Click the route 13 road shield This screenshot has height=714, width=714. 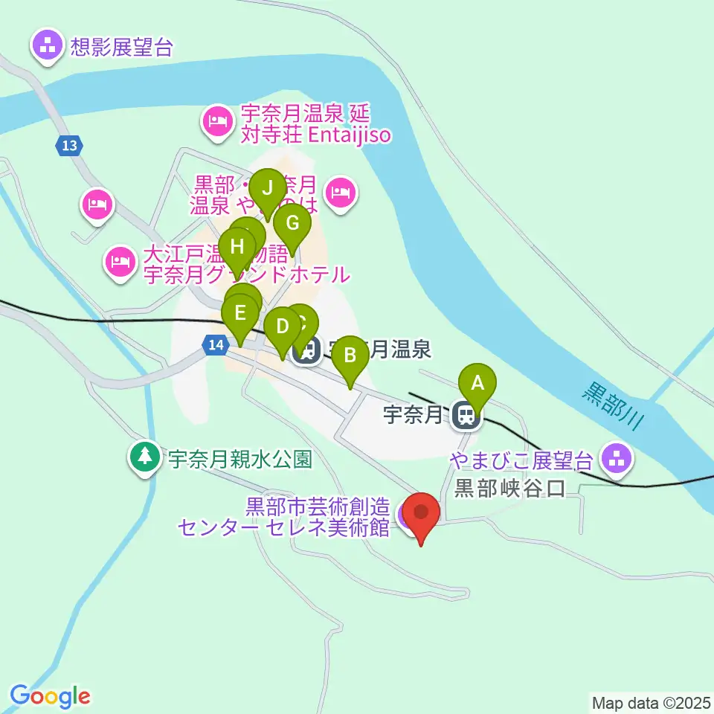pyautogui.click(x=69, y=147)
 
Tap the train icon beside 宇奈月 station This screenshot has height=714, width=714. pyautogui.click(x=466, y=415)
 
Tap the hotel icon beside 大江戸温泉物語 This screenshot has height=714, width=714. pyautogui.click(x=120, y=263)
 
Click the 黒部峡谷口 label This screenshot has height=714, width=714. pyautogui.click(x=510, y=488)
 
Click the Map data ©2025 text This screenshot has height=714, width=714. pyautogui.click(x=649, y=702)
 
